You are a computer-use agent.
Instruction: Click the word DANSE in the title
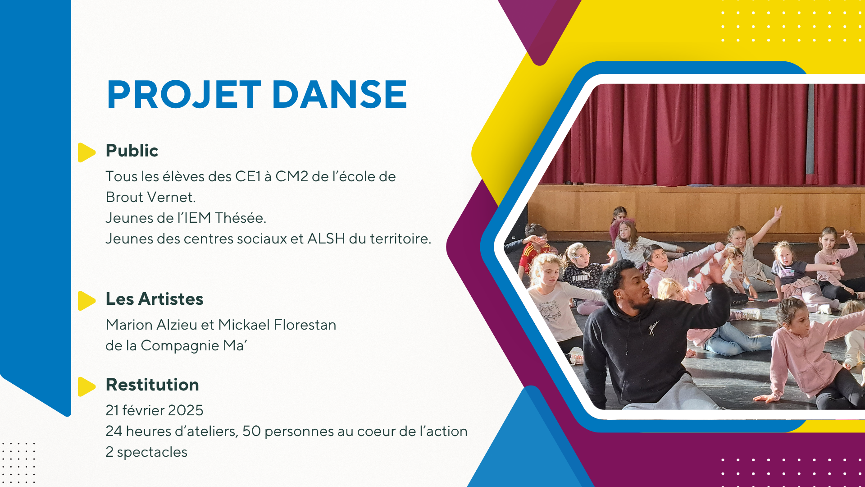click(x=340, y=95)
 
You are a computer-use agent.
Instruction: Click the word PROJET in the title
click(x=184, y=95)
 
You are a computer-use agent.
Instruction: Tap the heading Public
click(x=132, y=151)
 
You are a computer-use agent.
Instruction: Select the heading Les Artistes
click(x=155, y=299)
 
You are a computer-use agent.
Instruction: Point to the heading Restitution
click(x=152, y=385)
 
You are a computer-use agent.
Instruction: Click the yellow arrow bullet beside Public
click(x=86, y=152)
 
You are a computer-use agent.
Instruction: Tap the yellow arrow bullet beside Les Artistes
click(x=86, y=301)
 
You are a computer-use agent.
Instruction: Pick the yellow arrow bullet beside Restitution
click(x=86, y=386)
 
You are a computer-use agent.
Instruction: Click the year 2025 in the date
click(x=185, y=410)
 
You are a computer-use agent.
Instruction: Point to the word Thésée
click(x=240, y=218)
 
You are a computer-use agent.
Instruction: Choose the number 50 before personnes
click(x=252, y=431)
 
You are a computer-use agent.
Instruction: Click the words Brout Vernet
click(x=150, y=197)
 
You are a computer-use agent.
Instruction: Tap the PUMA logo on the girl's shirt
click(x=580, y=278)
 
